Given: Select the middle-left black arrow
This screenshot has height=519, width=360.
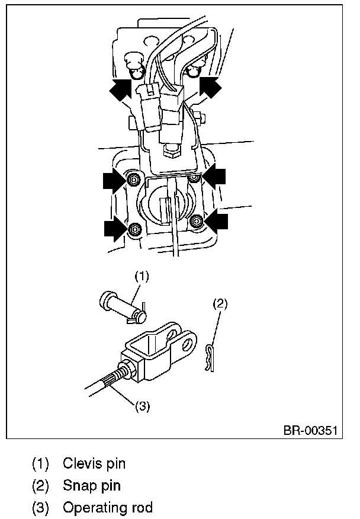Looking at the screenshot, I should [114, 180].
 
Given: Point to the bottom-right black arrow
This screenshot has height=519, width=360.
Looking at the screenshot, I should [216, 221].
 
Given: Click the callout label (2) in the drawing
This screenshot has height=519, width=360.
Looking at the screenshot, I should [219, 303].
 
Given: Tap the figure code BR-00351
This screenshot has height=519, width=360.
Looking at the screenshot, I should [310, 430].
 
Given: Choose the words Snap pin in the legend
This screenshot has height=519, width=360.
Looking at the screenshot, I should [91, 486].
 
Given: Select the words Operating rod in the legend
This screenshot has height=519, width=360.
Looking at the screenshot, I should [107, 508].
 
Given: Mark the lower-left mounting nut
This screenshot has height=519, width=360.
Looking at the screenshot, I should [133, 228].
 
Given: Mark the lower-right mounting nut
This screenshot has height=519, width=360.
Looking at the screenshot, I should [197, 222].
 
